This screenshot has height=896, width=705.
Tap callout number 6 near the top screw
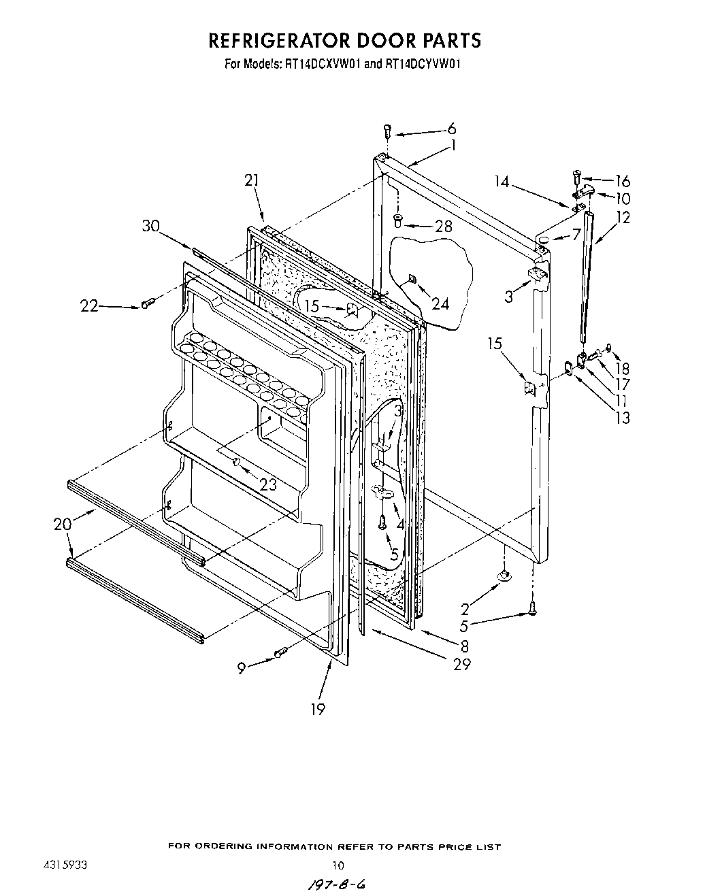click(452, 129)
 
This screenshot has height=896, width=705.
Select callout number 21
click(252, 180)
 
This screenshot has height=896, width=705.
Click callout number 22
click(89, 307)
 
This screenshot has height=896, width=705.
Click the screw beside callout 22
click(147, 302)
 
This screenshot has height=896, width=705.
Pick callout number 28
click(443, 226)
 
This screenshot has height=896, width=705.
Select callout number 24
click(440, 303)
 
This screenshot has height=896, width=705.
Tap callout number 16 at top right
click(623, 181)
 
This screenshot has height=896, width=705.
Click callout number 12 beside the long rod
click(623, 218)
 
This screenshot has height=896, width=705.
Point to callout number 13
click(623, 418)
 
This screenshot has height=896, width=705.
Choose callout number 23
click(268, 485)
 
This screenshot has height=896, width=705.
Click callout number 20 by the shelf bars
click(63, 524)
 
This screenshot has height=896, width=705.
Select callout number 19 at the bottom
click(317, 709)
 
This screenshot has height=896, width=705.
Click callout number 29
click(462, 664)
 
